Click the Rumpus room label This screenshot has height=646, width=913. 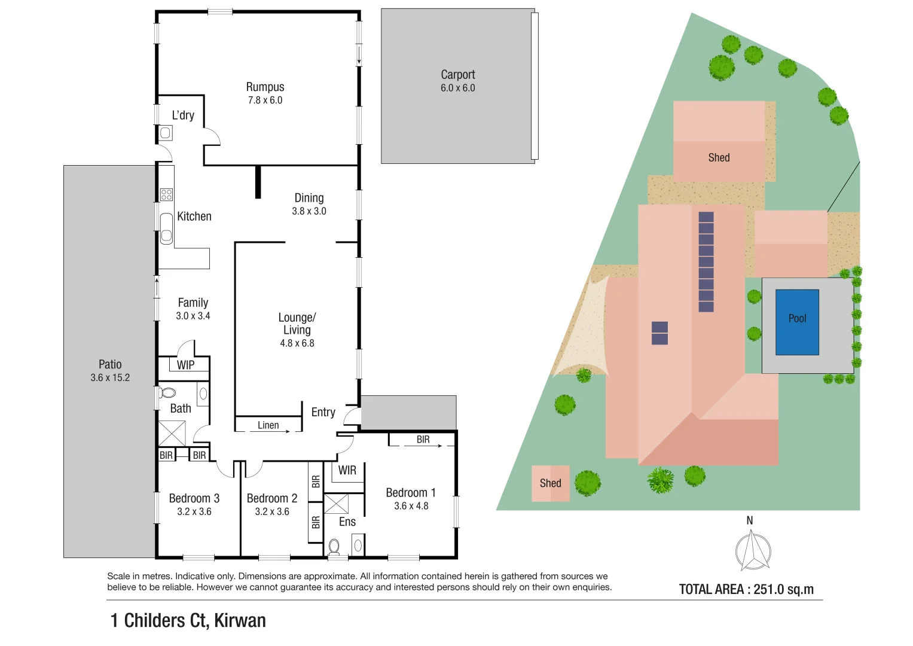265,87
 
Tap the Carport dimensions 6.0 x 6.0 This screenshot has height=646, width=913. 457,88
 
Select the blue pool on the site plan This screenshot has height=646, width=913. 797,322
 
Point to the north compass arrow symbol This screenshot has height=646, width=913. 752,551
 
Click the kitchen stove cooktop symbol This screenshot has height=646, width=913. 166,194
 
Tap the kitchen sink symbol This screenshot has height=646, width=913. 166,228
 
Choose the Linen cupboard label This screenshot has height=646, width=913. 268,425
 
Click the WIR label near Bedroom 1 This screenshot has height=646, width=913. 347,471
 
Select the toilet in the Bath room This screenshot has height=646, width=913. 167,393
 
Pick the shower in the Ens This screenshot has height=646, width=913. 336,504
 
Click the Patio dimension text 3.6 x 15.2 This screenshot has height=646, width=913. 110,378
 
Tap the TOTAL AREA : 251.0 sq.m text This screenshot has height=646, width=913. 746,589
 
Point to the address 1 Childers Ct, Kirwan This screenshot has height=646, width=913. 188,620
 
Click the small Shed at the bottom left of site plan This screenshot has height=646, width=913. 550,483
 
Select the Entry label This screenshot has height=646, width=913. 323,412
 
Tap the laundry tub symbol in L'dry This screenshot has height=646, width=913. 166,133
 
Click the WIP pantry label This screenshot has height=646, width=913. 185,365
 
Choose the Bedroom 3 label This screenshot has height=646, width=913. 194,498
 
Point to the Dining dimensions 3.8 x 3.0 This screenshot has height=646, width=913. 309,211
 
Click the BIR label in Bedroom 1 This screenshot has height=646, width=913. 423,440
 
